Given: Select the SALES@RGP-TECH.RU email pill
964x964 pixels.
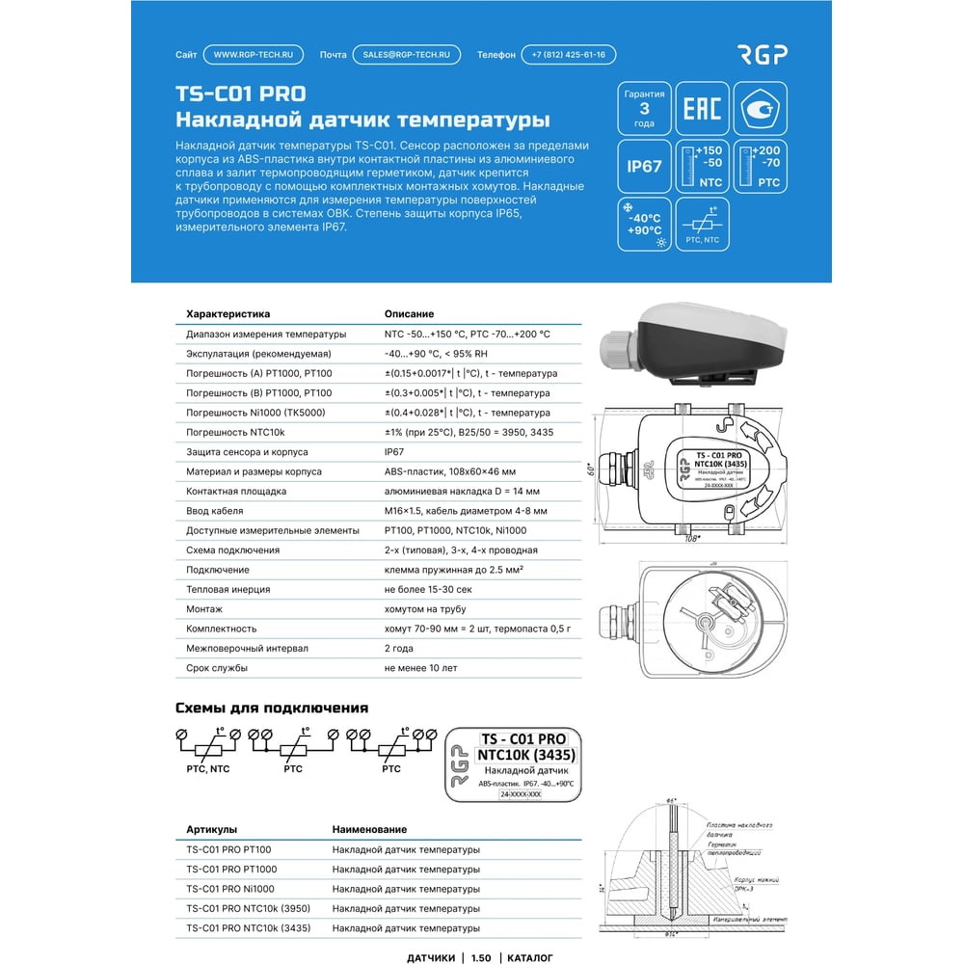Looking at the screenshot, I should (406, 55).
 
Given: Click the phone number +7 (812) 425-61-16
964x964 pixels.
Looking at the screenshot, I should (569, 55).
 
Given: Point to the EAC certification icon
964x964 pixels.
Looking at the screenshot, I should (702, 108).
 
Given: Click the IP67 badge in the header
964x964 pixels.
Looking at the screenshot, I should (644, 166).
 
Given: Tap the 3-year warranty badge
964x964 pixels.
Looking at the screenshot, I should (644, 108).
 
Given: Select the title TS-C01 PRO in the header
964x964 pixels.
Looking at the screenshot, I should (240, 94).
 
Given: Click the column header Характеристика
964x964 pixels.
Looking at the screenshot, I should (228, 314).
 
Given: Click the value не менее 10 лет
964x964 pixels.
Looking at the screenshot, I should (420, 667).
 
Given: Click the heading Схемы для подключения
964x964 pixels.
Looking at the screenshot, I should (272, 708).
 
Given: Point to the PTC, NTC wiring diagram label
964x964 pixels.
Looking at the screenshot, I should (207, 768).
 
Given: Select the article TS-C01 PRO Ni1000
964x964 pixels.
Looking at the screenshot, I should (230, 889).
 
